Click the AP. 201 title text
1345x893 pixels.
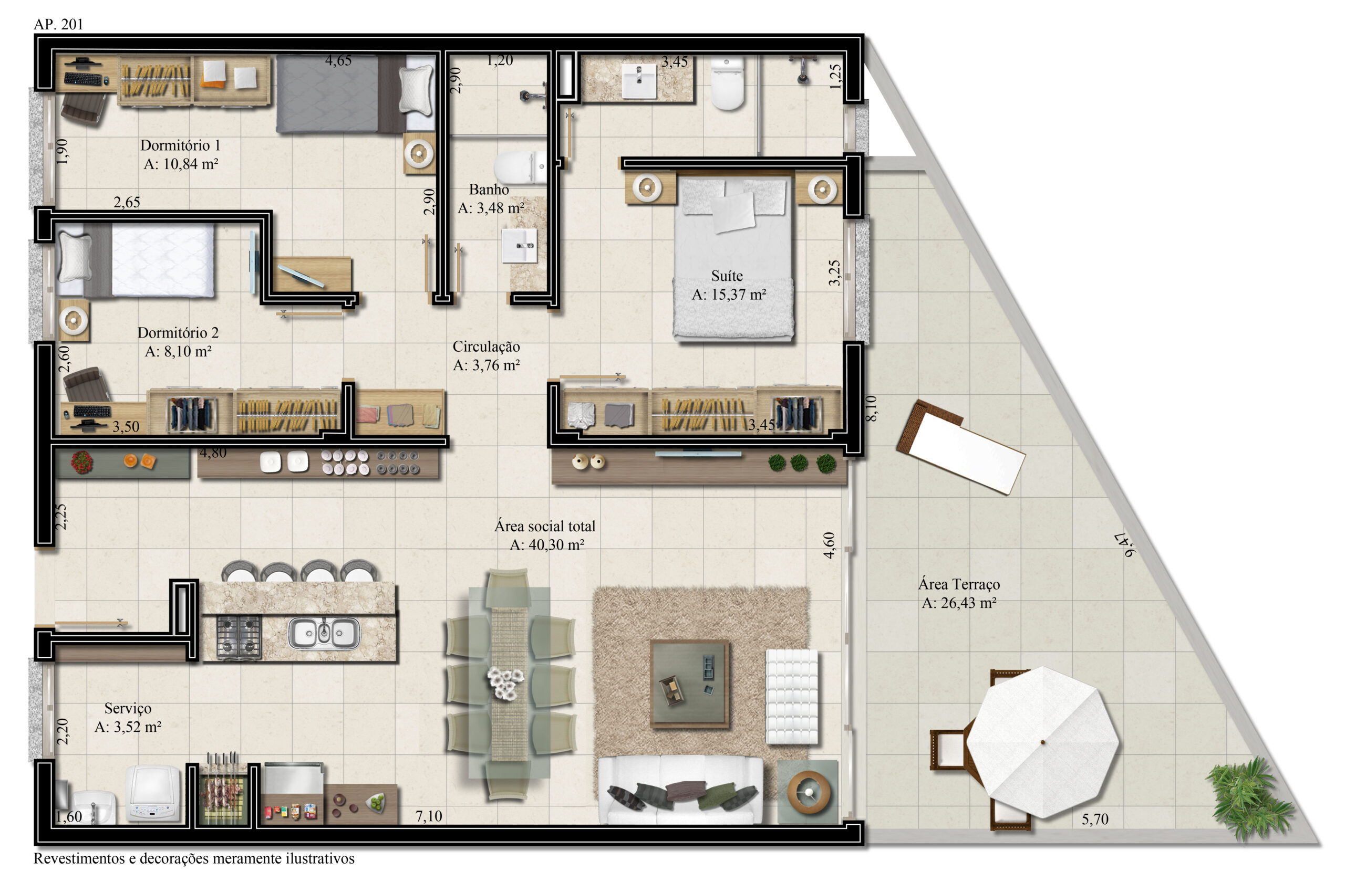point(58,24)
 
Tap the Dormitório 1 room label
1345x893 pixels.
point(180,145)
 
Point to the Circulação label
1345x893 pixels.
point(486,346)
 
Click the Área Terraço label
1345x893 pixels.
point(959,584)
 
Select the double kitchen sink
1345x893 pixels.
point(324,633)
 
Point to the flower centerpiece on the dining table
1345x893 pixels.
point(505,684)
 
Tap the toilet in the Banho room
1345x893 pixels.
point(520,167)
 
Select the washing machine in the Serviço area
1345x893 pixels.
point(153,794)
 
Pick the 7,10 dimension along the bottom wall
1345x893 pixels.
point(429,816)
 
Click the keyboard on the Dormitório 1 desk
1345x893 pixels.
point(83,79)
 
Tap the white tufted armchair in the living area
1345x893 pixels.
point(792,697)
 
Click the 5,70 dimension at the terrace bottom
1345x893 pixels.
point(1095,819)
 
